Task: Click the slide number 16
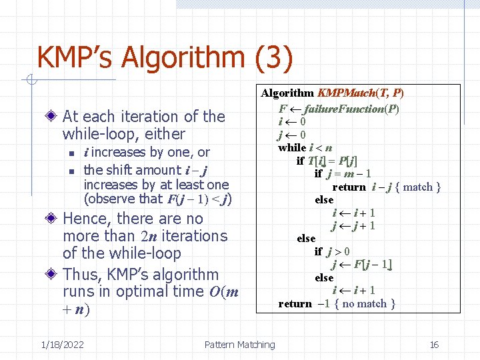coord(434,345)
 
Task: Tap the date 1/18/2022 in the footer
coord(62,345)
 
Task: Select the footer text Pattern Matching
coord(239,345)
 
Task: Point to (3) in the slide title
coord(273,59)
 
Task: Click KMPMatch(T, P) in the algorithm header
coord(361,93)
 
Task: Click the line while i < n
coord(305,147)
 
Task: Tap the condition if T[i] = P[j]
coord(327,161)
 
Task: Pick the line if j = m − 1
coord(343,173)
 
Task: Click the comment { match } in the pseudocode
coord(418,187)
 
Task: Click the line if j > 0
coord(332,251)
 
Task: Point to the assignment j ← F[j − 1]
coord(362,265)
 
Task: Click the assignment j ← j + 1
coord(353,225)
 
